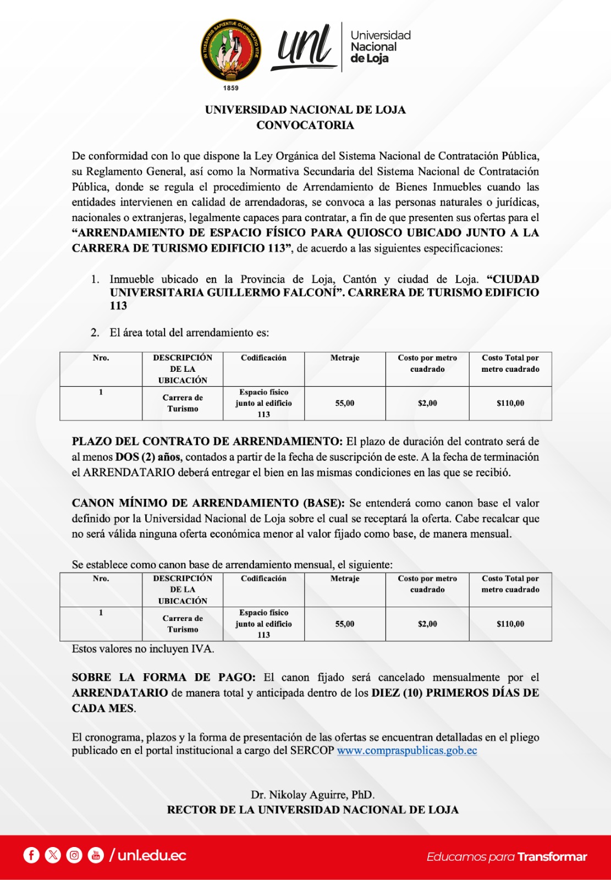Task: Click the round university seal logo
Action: click(230, 51)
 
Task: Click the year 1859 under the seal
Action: click(231, 88)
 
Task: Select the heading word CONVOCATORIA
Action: click(305, 125)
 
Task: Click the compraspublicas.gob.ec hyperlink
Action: click(407, 751)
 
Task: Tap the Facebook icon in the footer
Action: click(31, 855)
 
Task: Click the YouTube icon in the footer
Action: click(96, 855)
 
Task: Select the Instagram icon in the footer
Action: click(74, 855)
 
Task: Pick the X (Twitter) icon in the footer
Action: click(53, 855)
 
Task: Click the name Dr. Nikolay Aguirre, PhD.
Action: click(312, 795)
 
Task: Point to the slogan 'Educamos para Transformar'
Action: click(507, 857)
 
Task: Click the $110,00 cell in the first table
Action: click(510, 403)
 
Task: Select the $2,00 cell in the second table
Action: click(427, 624)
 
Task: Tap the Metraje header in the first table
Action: click(345, 358)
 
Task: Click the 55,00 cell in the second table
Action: click(345, 624)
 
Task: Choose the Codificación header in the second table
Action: click(263, 579)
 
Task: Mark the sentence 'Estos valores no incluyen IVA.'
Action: click(143, 649)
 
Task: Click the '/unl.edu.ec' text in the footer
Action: click(148, 855)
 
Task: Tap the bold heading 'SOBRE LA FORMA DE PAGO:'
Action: click(163, 678)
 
